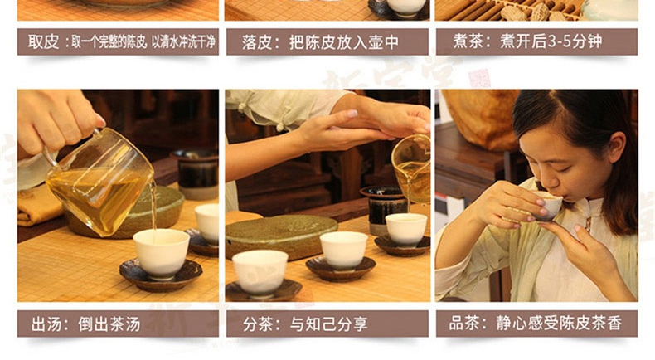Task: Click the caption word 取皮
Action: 43,41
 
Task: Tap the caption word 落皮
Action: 257,42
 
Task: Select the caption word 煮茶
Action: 468,41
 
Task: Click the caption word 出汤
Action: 46,324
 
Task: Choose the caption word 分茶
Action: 258,324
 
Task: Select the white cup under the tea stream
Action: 161,253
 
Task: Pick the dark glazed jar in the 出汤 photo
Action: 195,173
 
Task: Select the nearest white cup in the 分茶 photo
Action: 260,273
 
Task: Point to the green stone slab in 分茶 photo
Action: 281,235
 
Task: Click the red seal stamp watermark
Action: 478,78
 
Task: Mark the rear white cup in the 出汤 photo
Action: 207,222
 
